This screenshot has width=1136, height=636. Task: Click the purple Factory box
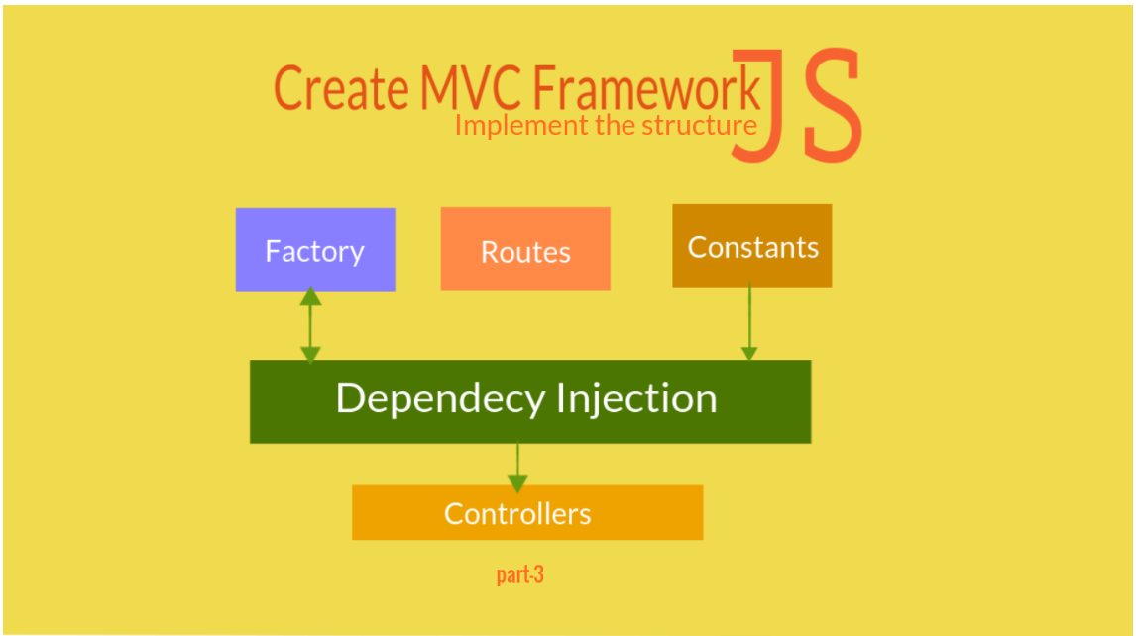pos(315,249)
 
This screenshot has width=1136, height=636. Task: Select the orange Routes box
pos(525,249)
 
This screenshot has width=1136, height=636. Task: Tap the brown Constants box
pos(752,246)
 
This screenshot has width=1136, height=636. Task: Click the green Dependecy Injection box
pos(530,402)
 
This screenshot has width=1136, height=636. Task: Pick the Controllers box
pos(527,512)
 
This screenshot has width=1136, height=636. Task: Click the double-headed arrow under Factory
pos(311,324)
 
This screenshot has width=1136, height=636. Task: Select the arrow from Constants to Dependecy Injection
pos(749,321)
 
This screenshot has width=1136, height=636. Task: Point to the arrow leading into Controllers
pos(517,467)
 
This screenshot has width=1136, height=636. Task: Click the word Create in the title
pos(341,87)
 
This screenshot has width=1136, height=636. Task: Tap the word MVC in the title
pos(470,87)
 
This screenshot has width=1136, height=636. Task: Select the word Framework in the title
pos(647,87)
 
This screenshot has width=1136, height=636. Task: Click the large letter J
pos(757,106)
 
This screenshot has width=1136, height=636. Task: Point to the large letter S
pos(833,105)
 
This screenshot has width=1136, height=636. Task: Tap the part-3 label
pos(520,575)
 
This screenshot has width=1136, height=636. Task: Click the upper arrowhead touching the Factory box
pos(311,295)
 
